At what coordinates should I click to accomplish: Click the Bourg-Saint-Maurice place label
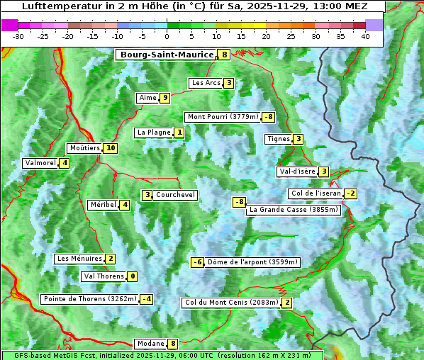[167, 55]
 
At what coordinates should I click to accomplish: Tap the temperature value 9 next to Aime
[164, 98]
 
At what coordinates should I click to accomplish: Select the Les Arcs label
[206, 83]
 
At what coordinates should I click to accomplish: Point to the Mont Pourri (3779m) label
[223, 117]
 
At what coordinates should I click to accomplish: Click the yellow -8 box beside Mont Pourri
[268, 117]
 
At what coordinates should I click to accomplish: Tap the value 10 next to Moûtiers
[110, 148]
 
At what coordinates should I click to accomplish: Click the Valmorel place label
[40, 163]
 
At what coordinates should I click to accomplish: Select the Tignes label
[278, 139]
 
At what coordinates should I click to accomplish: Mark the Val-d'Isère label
[296, 171]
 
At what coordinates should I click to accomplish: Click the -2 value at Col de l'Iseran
[350, 193]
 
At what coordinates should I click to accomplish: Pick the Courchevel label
[175, 195]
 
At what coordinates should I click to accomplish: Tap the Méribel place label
[103, 205]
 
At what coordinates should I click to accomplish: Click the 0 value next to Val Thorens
[133, 276]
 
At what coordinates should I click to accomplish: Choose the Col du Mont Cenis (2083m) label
[231, 303]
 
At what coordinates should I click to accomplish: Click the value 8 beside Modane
[172, 344]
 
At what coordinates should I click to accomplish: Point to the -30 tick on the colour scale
[18, 36]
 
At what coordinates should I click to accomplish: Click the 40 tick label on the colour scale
[365, 36]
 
